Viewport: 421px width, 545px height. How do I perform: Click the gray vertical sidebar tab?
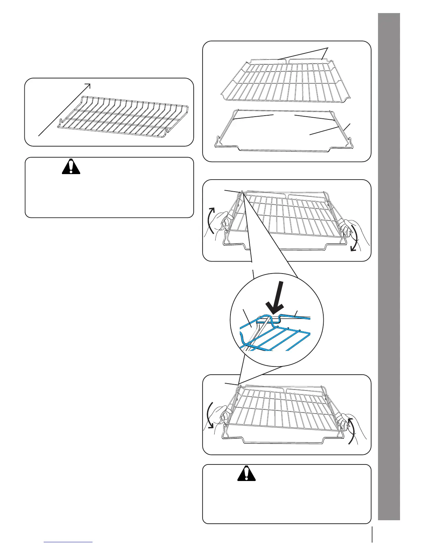coord(389,272)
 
